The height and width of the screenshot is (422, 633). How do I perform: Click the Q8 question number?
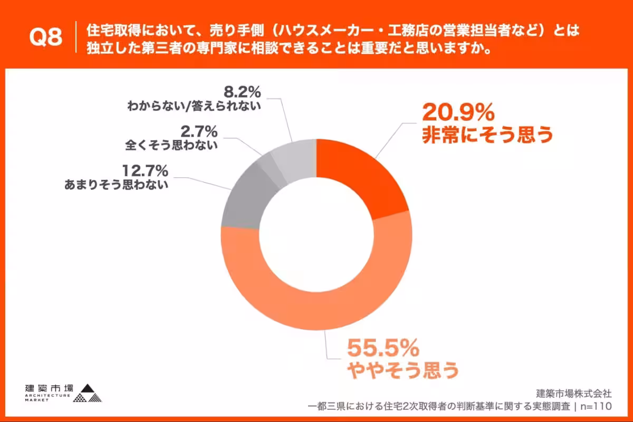46,38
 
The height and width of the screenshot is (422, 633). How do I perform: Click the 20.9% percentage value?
458,112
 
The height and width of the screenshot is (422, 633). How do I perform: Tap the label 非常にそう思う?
487,135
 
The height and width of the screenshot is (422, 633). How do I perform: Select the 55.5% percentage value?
383,349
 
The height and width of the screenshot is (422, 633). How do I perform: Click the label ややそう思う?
402,371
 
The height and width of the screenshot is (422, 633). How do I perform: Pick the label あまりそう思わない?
116,185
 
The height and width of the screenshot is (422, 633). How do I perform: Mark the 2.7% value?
199,130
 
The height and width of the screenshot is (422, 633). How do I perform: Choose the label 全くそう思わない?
171,145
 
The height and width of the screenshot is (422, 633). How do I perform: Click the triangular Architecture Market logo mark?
87,392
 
